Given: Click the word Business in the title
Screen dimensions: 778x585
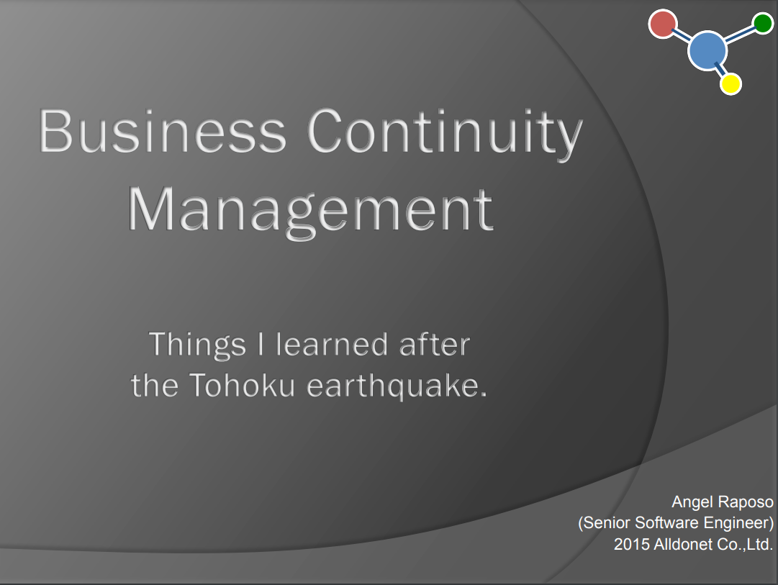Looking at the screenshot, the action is tap(163, 132).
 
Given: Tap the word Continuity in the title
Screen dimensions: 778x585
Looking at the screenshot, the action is tap(445, 134).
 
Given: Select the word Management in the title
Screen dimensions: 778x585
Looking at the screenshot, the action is tap(311, 212).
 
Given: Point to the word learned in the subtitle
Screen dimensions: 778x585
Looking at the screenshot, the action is tap(332, 344).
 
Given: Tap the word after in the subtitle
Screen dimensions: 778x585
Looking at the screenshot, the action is tap(435, 344).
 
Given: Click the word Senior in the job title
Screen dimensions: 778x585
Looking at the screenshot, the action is tap(605, 523).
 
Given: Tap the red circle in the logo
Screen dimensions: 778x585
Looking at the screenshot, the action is tap(663, 23).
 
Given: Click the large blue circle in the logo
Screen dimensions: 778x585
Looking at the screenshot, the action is tap(707, 50).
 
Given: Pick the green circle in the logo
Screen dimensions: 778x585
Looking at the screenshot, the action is tap(763, 23).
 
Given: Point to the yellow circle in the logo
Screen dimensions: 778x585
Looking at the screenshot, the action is tap(731, 83).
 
